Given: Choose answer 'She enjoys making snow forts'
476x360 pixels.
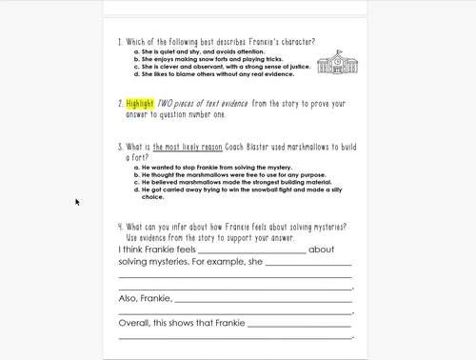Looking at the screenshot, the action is [202, 59].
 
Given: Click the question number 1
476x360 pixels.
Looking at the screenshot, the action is [120, 42].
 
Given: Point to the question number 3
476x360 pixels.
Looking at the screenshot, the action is [120, 147].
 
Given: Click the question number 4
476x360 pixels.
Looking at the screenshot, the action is [120, 227].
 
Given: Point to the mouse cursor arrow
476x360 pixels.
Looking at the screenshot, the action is [77, 202].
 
